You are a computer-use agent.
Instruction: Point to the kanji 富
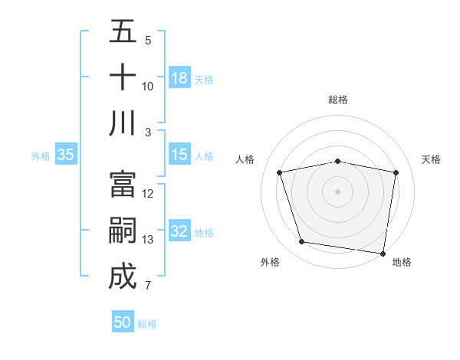tap(123, 185)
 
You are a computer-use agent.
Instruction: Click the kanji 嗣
tap(123, 231)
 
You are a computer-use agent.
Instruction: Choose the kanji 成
tap(123, 277)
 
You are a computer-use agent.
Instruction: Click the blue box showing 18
tap(179, 78)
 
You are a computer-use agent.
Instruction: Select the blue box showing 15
tap(179, 155)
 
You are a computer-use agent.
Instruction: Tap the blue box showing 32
tap(179, 231)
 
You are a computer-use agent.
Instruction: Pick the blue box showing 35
tap(66, 155)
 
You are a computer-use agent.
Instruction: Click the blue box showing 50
tap(123, 322)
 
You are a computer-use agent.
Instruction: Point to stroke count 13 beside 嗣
tap(148, 240)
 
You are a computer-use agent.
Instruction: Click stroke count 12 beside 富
tap(148, 194)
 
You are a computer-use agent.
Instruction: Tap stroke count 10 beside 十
tap(148, 87)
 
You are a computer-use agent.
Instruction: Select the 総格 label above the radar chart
tap(338, 100)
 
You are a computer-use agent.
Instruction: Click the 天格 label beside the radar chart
tap(432, 159)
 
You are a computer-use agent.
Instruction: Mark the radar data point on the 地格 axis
tap(383, 253)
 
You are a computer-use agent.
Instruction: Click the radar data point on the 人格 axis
tap(280, 172)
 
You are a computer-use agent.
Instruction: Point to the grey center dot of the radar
tap(338, 191)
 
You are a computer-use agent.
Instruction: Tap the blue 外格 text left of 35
tap(41, 155)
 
